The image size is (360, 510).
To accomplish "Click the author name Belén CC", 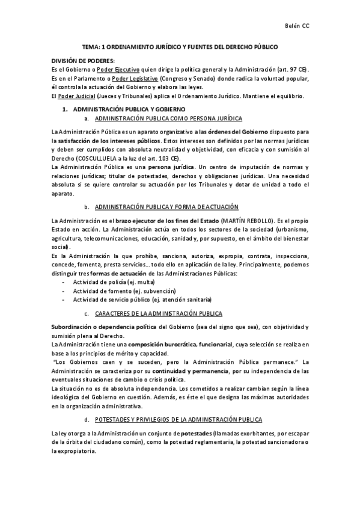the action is coord(297,26).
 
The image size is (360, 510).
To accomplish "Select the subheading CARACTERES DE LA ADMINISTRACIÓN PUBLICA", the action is coord(158,314).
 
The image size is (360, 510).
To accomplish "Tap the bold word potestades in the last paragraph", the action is coord(200,434).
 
